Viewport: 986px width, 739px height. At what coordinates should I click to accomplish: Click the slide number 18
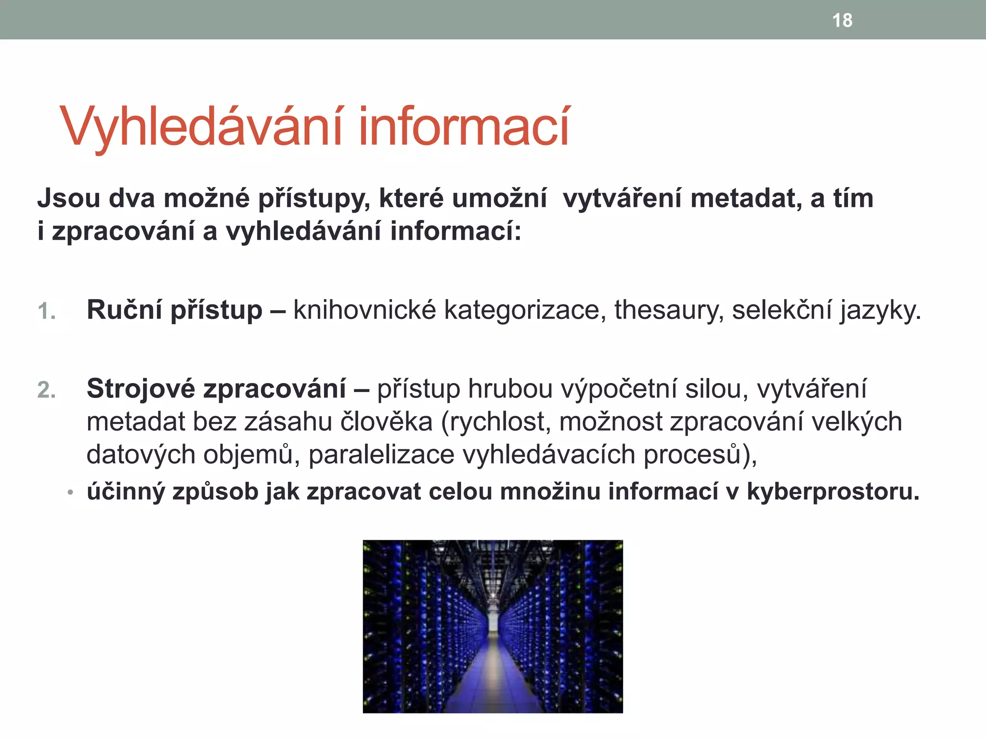pyautogui.click(x=842, y=21)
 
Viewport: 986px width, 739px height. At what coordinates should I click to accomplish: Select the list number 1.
pyautogui.click(x=47, y=311)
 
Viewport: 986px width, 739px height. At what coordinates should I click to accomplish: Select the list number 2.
pyautogui.click(x=47, y=390)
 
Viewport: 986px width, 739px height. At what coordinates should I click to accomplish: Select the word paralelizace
pyautogui.click(x=381, y=454)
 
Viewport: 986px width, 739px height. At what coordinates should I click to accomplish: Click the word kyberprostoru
pyautogui.click(x=833, y=492)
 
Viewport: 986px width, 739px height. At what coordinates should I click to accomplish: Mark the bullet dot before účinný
pyautogui.click(x=70, y=493)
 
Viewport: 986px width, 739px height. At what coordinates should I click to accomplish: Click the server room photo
pyautogui.click(x=493, y=626)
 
